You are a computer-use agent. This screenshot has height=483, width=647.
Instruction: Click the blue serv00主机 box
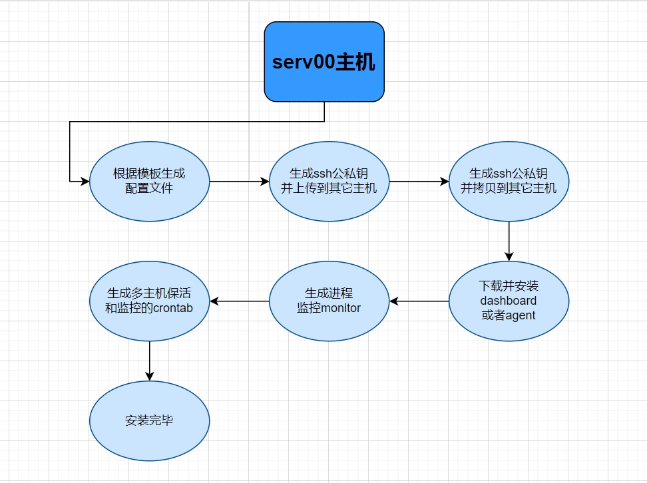pos(324,62)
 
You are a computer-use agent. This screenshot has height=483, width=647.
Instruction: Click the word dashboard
pos(509,301)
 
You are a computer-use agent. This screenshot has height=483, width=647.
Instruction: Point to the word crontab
pos(172,308)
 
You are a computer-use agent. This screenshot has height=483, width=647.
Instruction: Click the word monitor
pos(341,308)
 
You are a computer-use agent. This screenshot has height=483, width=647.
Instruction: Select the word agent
pos(521,315)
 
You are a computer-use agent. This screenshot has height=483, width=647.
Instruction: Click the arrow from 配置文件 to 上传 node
pos(240,181)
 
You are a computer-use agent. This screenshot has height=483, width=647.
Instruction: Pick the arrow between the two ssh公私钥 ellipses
pos(419,181)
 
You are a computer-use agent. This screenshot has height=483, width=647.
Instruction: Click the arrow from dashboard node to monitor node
pos(419,301)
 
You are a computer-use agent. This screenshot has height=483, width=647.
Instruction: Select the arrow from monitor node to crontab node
pos(240,301)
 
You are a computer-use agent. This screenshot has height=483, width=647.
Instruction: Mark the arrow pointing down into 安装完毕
pos(149,361)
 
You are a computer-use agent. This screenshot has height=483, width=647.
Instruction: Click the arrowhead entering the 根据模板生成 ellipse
pos(85,181)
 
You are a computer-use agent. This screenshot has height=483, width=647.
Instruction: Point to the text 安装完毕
pos(149,420)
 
